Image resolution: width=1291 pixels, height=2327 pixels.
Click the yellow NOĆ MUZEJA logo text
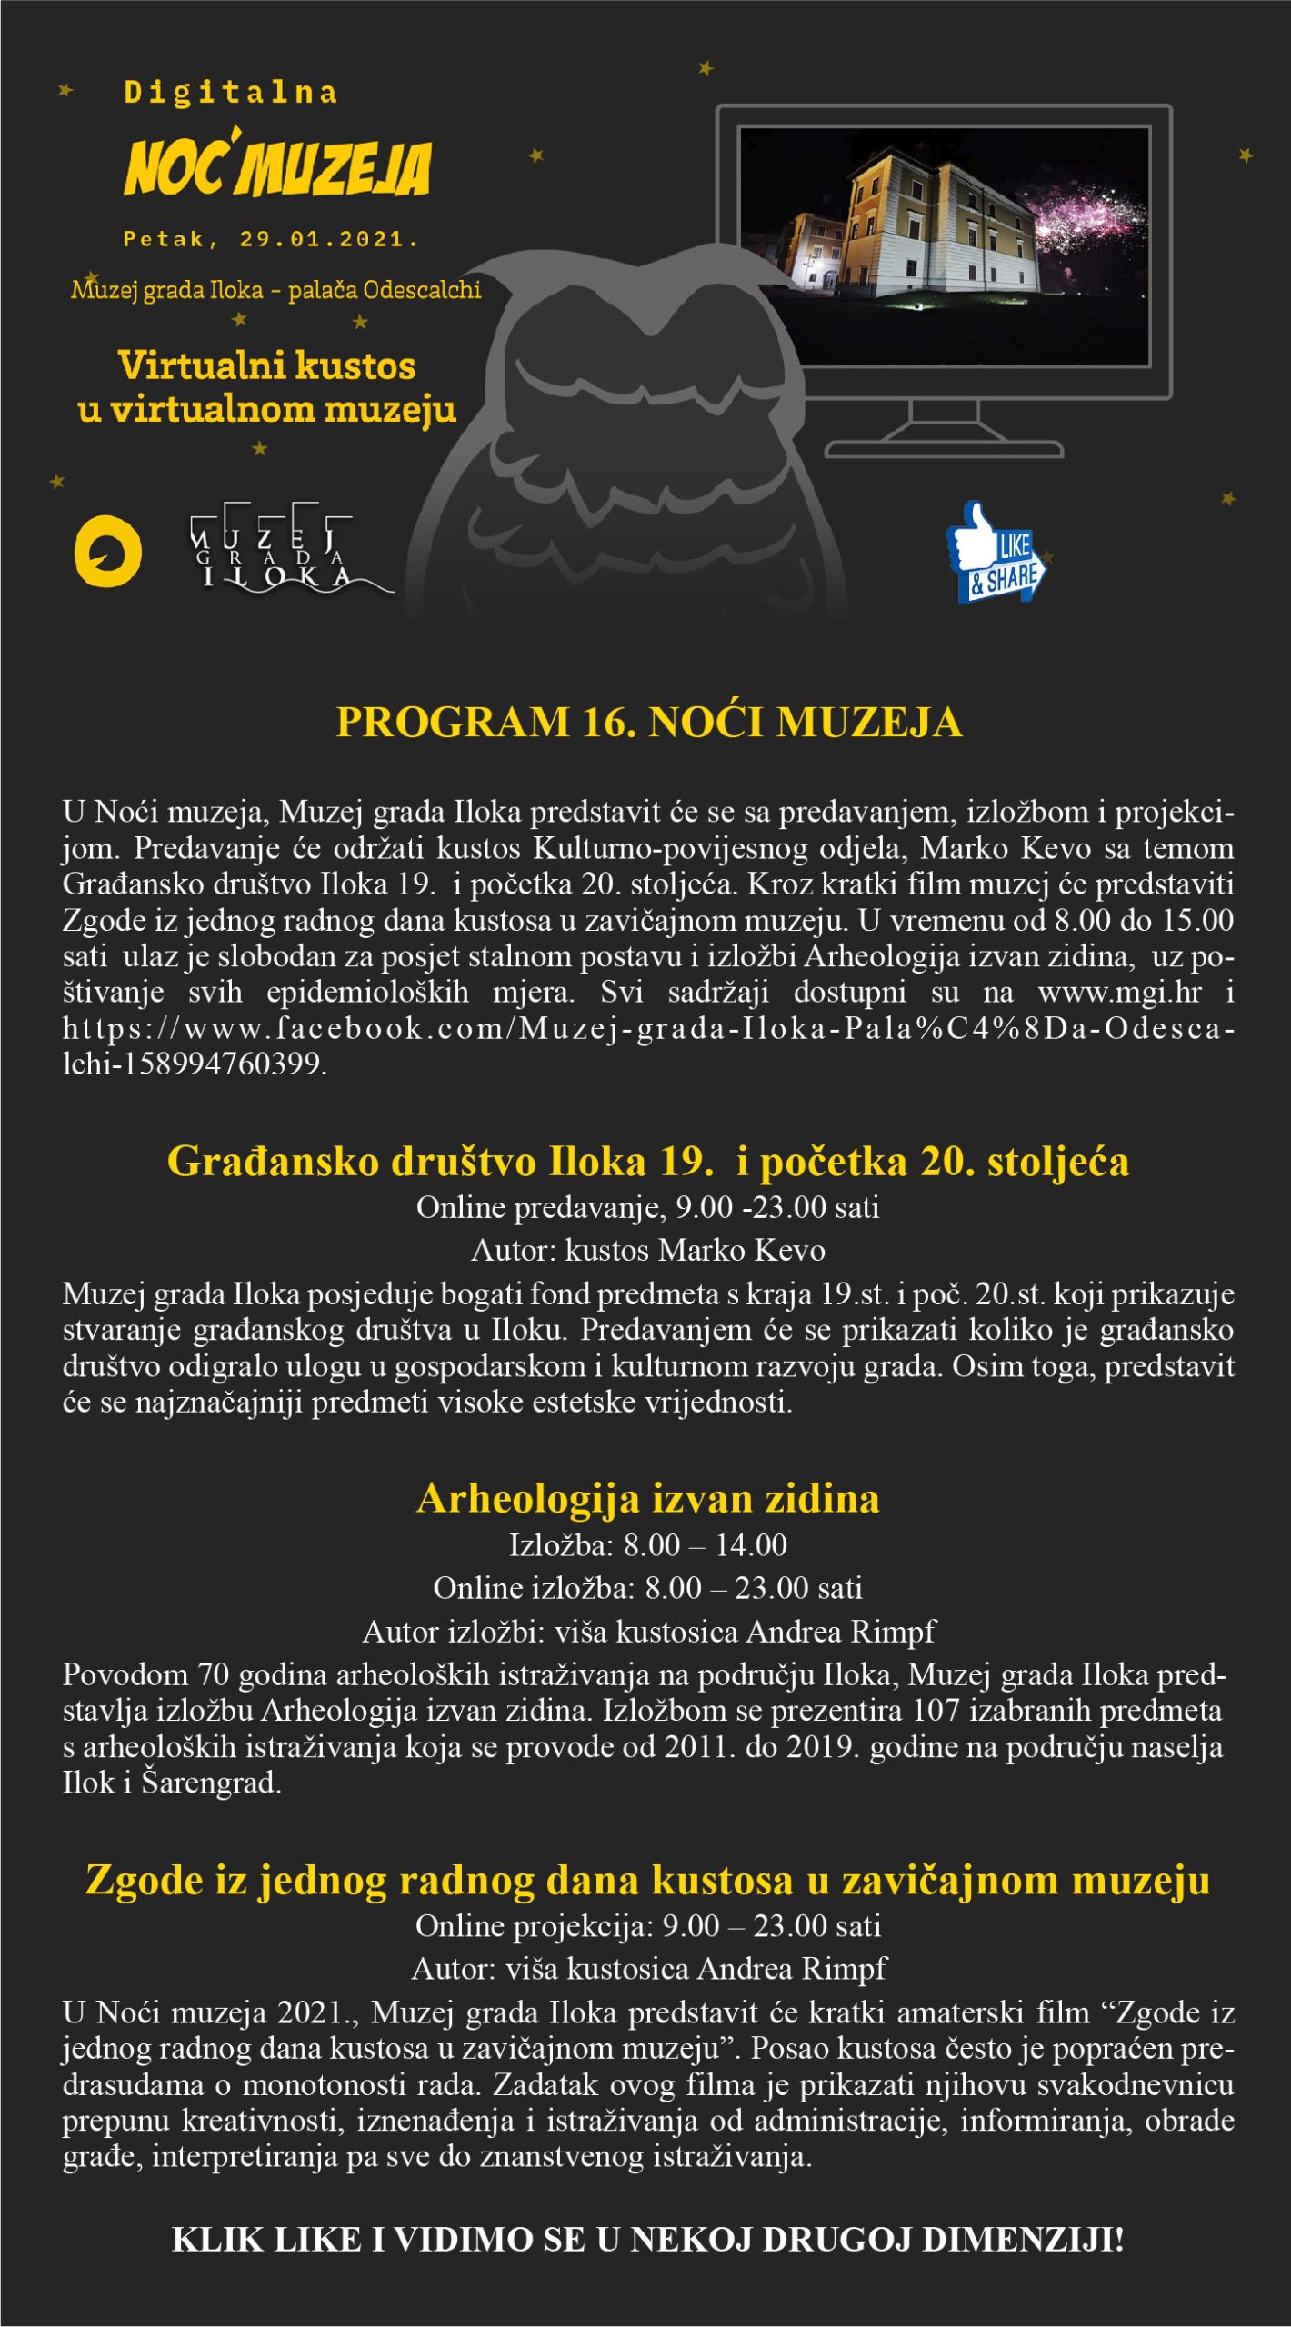277,168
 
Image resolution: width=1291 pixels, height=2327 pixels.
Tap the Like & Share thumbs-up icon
996,553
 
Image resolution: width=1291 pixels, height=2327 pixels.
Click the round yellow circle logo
107,552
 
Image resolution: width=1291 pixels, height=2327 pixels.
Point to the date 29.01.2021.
327,240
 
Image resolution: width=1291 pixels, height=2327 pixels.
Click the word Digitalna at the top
231,93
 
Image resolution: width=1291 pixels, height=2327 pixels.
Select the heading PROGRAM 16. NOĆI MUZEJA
648,723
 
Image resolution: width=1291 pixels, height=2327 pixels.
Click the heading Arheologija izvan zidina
647,1499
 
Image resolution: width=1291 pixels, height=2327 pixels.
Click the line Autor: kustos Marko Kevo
647,1251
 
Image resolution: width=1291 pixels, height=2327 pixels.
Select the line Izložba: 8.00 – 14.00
647,1545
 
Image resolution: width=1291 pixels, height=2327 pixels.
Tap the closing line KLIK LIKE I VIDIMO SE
647,2239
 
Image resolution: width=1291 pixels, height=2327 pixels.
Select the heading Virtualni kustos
267,366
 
